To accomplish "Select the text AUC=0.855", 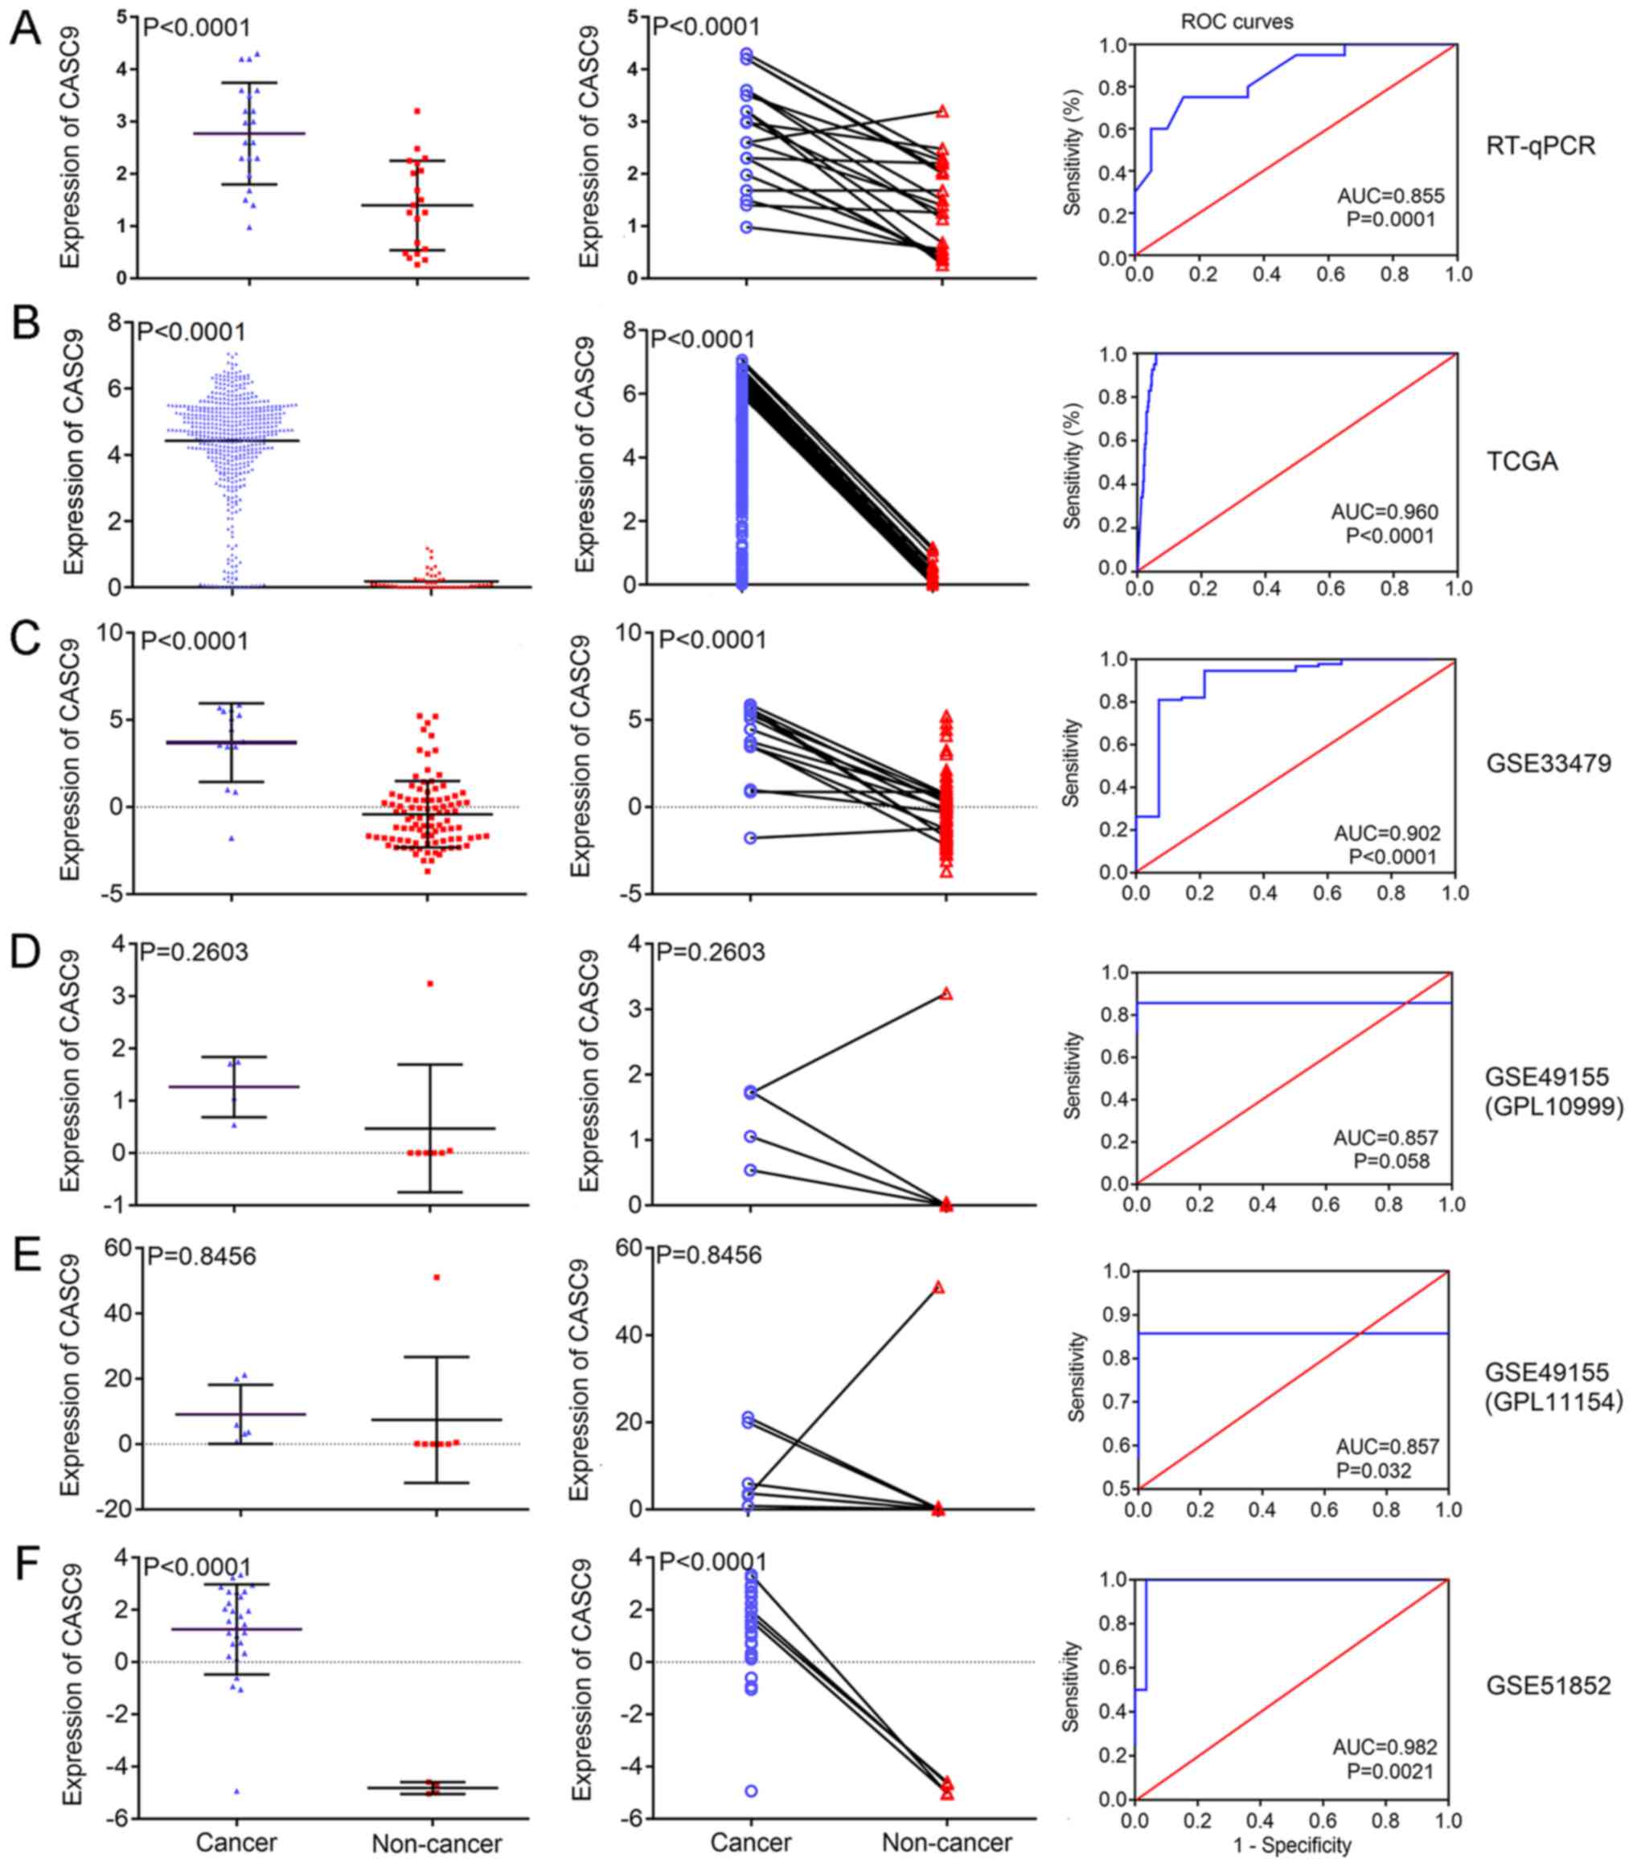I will point(1391,196).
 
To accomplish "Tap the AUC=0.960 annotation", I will point(1385,512).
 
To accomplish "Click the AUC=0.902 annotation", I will point(1388,833).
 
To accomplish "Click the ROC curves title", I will point(1237,22).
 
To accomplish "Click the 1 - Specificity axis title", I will point(1291,1845).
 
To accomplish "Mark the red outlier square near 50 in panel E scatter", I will point(437,1278).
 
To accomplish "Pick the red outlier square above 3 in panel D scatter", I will point(429,983).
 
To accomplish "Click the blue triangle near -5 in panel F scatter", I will point(237,1791).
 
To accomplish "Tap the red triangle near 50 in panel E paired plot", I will point(938,1287).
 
